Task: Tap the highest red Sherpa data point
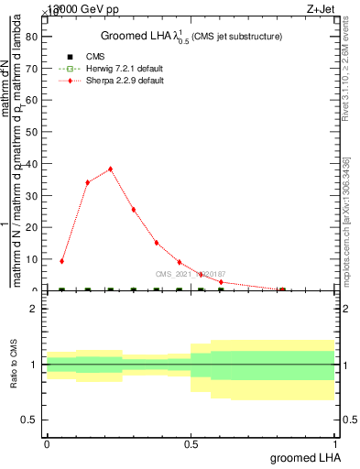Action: (x=110, y=169)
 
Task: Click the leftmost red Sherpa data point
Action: (x=61, y=261)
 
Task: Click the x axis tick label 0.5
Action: (x=191, y=443)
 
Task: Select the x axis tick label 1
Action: (x=334, y=443)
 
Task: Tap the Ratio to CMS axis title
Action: (x=14, y=365)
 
